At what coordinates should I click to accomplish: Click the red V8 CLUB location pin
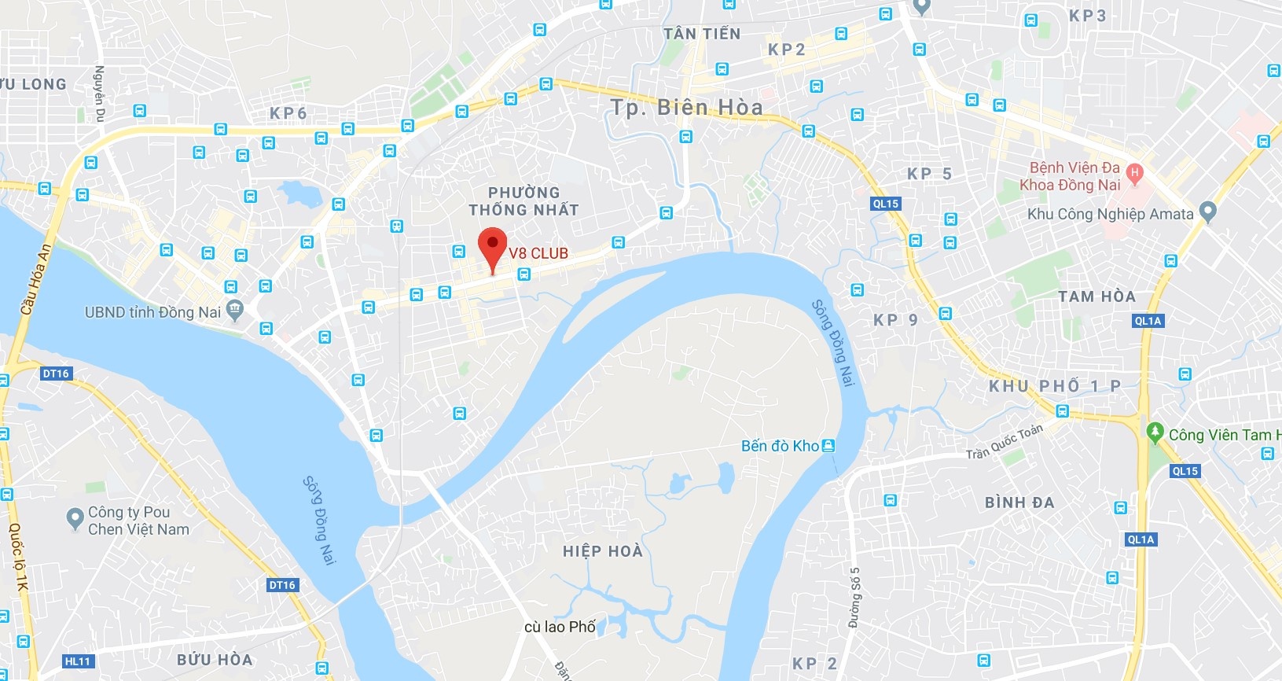[x=493, y=246]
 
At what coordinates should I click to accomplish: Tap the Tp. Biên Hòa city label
[x=686, y=107]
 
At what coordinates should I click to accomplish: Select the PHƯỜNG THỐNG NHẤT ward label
[x=523, y=201]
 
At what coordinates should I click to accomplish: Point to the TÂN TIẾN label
[x=701, y=34]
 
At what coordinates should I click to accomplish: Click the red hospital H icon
[x=1133, y=172]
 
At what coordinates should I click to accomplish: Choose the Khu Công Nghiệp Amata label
[x=1110, y=214]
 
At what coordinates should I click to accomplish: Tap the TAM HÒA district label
[x=1096, y=296]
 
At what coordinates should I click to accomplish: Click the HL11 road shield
[x=78, y=661]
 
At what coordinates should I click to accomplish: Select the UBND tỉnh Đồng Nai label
[x=152, y=312]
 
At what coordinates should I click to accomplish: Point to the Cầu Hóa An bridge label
[x=35, y=280]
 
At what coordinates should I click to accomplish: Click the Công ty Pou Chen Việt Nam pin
[x=75, y=517]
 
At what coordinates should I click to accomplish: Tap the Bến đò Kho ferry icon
[x=828, y=446]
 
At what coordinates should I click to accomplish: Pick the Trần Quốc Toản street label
[x=1004, y=442]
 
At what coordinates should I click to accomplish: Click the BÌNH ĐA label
[x=1019, y=502]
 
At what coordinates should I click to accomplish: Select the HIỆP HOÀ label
[x=603, y=551]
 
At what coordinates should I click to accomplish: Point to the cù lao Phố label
[x=560, y=627]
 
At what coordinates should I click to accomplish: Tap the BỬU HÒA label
[x=215, y=660]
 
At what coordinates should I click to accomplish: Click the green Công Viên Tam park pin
[x=1155, y=432]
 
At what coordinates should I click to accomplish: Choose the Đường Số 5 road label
[x=854, y=598]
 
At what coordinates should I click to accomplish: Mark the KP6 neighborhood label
[x=288, y=113]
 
